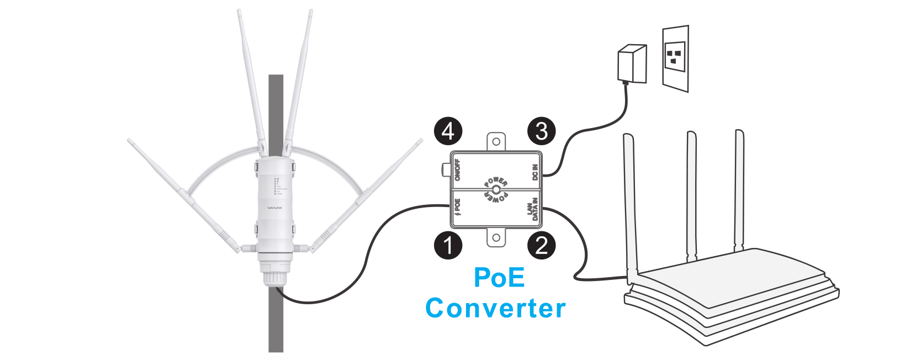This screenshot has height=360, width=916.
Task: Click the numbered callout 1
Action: [x=448, y=245]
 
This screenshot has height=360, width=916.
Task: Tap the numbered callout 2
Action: [x=542, y=245]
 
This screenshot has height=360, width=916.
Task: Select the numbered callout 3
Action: [x=542, y=131]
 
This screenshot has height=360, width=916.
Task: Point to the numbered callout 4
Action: [x=448, y=131]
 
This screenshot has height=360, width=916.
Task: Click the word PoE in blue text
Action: [x=499, y=277]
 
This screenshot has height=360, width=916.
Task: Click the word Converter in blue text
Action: [x=495, y=308]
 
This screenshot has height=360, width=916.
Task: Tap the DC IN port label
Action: [x=534, y=172]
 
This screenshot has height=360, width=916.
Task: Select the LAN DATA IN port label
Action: [x=532, y=209]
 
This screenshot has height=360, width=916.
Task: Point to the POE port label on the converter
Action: [x=457, y=207]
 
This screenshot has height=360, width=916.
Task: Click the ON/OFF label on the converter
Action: [x=457, y=170]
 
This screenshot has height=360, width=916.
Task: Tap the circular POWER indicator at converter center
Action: [x=496, y=190]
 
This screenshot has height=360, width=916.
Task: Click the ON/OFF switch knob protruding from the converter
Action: [x=444, y=170]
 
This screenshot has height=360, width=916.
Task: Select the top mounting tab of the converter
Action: [x=496, y=141]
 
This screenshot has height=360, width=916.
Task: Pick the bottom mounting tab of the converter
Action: [x=496, y=238]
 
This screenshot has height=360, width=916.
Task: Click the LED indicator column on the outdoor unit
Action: [x=276, y=187]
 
